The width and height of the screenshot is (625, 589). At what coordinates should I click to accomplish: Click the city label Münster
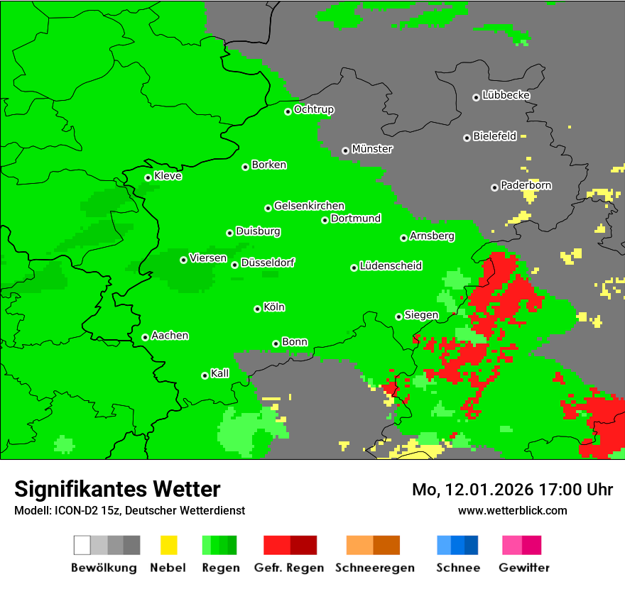click(372, 149)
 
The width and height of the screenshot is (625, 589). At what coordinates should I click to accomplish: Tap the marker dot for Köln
click(257, 309)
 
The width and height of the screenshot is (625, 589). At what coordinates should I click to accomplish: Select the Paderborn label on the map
click(526, 185)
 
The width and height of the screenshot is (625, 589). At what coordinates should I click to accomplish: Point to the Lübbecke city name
click(506, 95)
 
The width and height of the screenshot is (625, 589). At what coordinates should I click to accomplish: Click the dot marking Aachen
click(145, 337)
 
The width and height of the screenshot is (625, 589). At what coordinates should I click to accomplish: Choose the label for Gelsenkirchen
click(309, 206)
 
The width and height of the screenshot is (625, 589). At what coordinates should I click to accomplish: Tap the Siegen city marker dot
click(398, 316)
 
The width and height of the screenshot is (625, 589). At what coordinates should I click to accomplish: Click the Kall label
click(220, 373)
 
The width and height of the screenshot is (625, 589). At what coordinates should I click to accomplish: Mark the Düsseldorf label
click(268, 263)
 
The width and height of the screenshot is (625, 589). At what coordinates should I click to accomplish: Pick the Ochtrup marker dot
click(288, 111)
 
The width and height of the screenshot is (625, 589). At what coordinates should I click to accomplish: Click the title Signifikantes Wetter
click(117, 489)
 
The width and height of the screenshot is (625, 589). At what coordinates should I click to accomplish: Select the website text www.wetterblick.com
click(512, 510)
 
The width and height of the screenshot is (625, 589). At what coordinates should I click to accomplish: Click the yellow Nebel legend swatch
click(168, 545)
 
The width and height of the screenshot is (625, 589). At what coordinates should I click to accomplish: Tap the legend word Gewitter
click(524, 568)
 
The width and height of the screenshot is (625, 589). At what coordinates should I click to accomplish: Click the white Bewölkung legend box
click(82, 545)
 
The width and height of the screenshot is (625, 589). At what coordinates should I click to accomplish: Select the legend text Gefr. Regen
click(289, 568)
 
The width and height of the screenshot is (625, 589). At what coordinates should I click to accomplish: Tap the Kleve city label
click(168, 176)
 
